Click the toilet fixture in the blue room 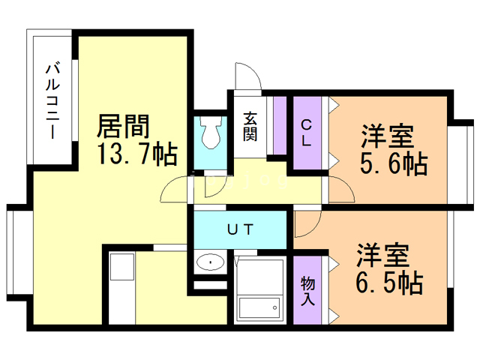pos(211,133)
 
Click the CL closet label pos(307,132)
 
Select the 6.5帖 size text pos(388,283)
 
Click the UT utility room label pos(240,229)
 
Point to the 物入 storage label pos(307,291)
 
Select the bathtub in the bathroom pos(259,307)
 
